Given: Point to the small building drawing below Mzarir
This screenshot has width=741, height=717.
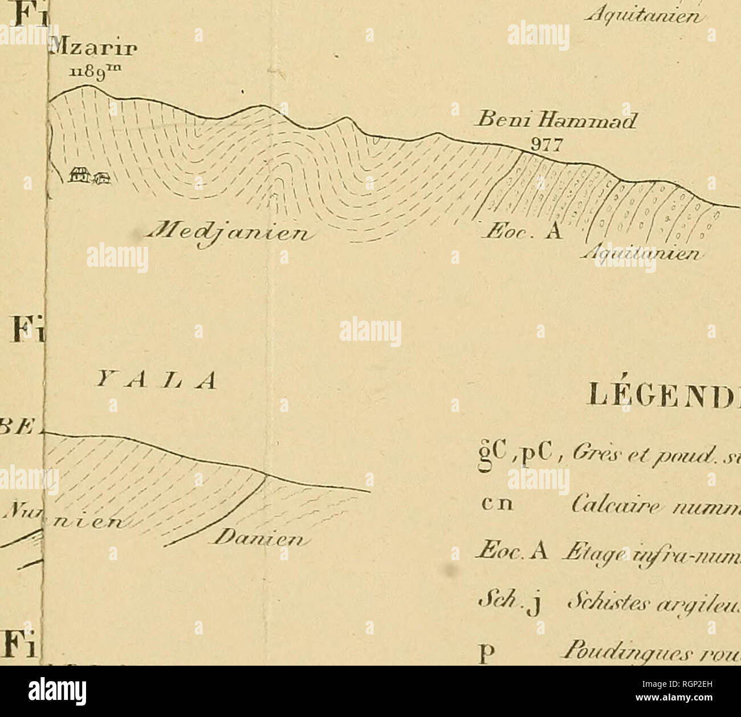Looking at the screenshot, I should [89, 177].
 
